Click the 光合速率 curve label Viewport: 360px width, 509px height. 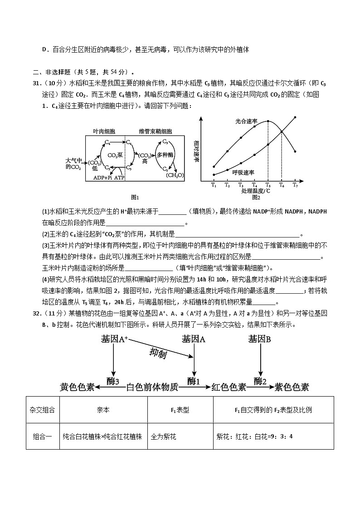pos(246,121)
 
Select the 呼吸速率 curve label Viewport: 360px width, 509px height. pos(243,172)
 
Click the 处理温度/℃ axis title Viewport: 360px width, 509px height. pos(256,191)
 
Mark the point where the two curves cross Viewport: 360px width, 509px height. pos(282,131)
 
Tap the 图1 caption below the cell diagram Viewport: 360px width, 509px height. pos(134,197)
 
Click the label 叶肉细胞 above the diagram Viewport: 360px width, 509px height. pos(104,131)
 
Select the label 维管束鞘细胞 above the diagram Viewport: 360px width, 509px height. pos(156,131)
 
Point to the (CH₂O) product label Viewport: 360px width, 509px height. pos(175,175)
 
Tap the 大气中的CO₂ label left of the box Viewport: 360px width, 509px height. pos(74,164)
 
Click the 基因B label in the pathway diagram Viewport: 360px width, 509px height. pos(260,339)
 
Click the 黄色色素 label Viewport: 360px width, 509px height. pos(77,387)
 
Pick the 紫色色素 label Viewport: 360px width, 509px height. pos(292,387)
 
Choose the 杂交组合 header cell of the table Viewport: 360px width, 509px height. pos(43,410)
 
